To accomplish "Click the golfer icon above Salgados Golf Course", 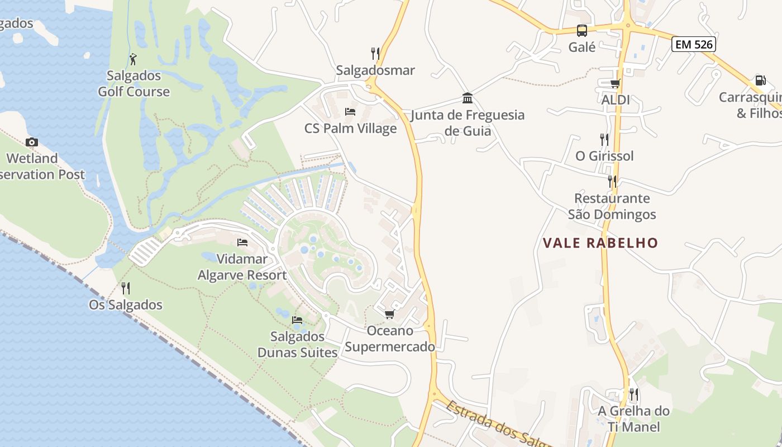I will coord(133,59).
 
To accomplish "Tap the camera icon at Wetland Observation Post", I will coord(32,142).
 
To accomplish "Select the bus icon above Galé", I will coord(582,31).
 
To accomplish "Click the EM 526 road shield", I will coord(694,44).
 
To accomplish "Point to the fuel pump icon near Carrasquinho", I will coord(760,80).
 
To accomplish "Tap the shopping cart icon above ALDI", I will coord(615,84).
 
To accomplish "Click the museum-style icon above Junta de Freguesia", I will coord(468,99).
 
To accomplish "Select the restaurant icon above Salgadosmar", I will coord(375,54).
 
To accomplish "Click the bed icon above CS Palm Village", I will coord(350,112).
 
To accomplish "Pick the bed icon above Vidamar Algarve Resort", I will coord(242,242).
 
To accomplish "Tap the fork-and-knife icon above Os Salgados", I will coord(126,288).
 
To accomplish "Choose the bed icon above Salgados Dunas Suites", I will coord(297,320).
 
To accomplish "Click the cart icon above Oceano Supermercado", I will coord(389,315).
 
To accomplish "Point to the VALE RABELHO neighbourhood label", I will coord(600,243).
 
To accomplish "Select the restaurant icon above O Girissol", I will coord(604,139).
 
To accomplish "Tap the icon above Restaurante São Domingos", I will coord(612,182).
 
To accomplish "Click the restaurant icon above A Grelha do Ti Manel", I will coord(633,394).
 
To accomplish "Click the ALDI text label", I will coord(616,100).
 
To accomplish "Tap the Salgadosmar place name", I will coord(375,70).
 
